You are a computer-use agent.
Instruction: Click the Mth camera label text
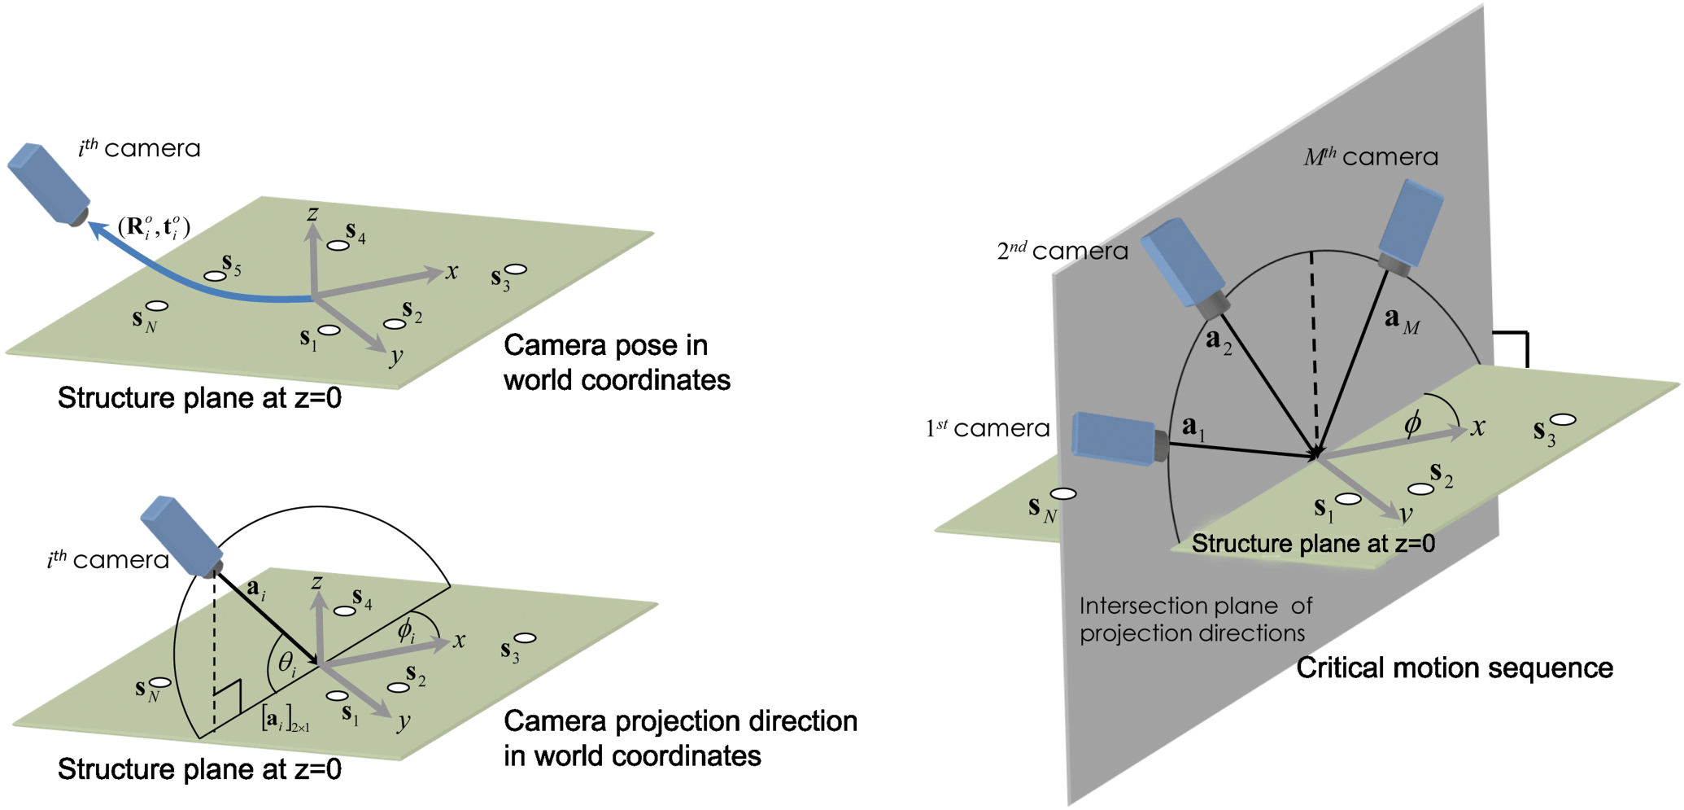point(1371,156)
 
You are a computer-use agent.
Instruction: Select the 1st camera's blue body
point(1112,438)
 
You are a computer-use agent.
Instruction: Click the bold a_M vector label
point(1401,321)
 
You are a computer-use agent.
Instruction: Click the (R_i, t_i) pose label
point(154,227)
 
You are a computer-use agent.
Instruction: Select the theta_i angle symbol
point(287,664)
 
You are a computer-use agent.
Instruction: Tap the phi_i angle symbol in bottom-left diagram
point(406,631)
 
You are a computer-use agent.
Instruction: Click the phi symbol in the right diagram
point(1412,423)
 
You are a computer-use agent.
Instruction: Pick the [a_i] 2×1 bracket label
point(284,720)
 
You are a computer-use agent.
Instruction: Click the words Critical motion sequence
point(1454,668)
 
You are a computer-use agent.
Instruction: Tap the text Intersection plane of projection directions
point(1195,620)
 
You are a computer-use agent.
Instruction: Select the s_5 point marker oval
point(215,276)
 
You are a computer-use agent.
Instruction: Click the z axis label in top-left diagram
point(312,214)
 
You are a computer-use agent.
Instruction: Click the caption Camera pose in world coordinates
point(616,362)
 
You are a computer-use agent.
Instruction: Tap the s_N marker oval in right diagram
point(1063,493)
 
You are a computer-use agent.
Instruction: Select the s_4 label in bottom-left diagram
point(362,600)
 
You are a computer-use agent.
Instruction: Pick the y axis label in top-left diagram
point(396,357)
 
